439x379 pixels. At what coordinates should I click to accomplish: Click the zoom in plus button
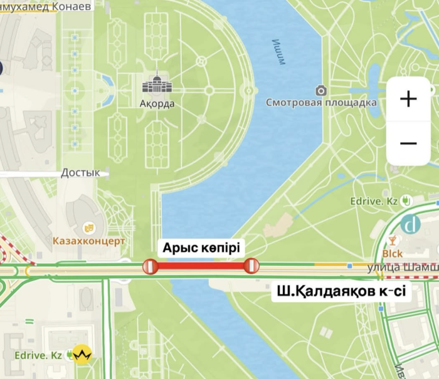408,99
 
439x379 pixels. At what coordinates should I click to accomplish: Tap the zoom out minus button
408,143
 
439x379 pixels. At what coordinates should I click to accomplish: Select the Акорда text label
157,104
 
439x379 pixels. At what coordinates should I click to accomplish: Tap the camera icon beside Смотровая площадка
321,90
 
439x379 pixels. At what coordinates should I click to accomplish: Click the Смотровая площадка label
321,103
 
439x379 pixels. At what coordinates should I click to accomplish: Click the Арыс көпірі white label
201,247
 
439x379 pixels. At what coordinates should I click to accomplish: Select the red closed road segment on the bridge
201,266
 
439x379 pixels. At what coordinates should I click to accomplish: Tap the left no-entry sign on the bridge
150,266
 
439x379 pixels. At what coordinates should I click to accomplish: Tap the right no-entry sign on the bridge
251,266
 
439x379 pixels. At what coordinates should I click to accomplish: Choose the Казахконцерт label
89,241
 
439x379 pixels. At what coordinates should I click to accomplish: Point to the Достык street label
80,172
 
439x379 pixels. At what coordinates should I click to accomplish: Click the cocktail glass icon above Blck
393,241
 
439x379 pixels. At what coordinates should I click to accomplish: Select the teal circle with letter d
412,224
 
